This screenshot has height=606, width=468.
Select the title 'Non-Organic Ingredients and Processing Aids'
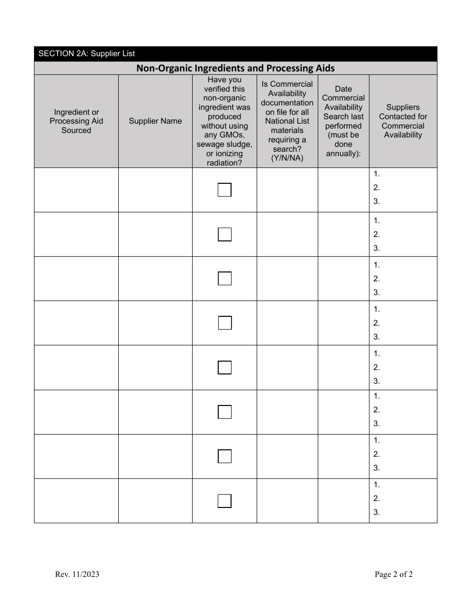click(235, 68)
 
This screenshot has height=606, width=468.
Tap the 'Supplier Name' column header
click(155, 121)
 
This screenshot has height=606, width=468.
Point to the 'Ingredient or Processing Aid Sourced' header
click(76, 121)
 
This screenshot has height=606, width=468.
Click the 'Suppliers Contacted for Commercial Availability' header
click(403, 121)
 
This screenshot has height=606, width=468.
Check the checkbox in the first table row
click(225, 190)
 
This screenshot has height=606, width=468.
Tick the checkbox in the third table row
click(225, 278)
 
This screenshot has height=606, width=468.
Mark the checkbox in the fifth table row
click(225, 368)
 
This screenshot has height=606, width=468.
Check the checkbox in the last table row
click(225, 501)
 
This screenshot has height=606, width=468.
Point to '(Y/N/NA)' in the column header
click(287, 158)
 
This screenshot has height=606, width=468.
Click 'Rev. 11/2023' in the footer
click(77, 574)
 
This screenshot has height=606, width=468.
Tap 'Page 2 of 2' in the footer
click(394, 574)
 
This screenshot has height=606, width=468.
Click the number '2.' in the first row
click(377, 187)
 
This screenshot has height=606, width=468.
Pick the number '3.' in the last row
click(377, 512)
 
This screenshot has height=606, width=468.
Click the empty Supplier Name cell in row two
click(155, 234)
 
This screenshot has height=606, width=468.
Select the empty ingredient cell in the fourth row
click(76, 323)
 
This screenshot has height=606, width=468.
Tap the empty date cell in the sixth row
click(343, 412)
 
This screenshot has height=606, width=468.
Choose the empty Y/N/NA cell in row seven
click(287, 456)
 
